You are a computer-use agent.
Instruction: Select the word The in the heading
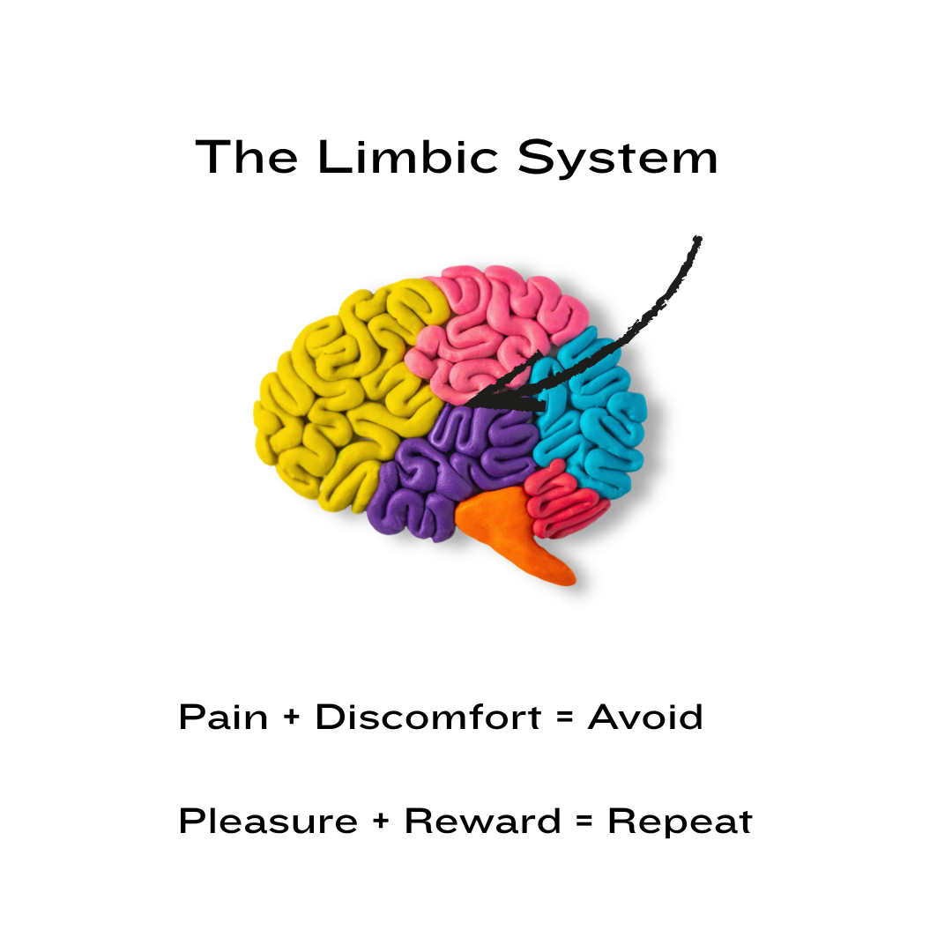(248, 158)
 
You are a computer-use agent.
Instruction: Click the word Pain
(223, 717)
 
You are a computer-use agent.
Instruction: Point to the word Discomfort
(428, 717)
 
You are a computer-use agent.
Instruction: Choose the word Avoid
(645, 717)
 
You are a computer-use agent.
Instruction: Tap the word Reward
(482, 822)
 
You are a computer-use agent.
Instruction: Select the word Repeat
(680, 822)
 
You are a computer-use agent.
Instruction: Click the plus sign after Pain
(292, 718)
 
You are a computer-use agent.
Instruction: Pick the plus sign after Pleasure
(381, 822)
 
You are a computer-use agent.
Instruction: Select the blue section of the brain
(591, 414)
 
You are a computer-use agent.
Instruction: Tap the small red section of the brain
(569, 498)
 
